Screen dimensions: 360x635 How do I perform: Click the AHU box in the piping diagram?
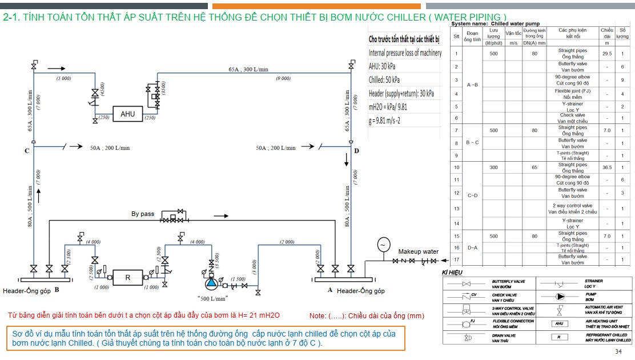(x=127, y=114)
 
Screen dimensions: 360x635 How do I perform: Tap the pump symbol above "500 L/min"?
(x=212, y=282)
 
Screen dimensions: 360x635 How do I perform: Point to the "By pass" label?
(x=143, y=214)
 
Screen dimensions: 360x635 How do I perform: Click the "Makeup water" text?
(x=419, y=251)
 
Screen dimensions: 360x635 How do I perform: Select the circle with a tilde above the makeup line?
(x=383, y=245)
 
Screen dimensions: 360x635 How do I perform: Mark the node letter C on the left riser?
(x=27, y=151)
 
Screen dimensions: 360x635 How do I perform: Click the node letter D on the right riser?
(x=356, y=151)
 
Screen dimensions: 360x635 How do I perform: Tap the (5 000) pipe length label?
(x=63, y=78)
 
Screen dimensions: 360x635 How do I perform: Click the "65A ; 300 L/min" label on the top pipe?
(x=248, y=69)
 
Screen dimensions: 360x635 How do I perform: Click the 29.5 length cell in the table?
(x=606, y=54)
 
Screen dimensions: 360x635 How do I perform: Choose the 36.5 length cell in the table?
(x=606, y=167)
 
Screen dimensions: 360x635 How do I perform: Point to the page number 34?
(x=618, y=351)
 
